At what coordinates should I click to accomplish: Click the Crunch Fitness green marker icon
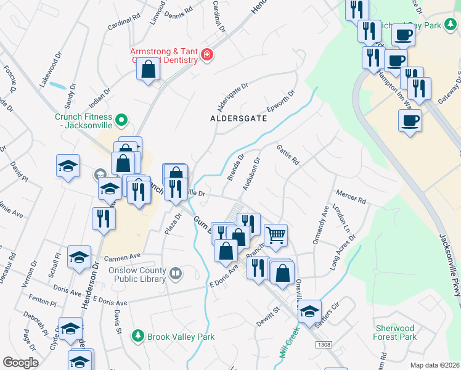pyautogui.click(x=122, y=120)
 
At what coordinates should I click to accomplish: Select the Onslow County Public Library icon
pyautogui.click(x=176, y=273)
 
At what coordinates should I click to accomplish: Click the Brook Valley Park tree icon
pyautogui.click(x=138, y=337)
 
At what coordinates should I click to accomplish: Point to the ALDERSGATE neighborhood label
pyautogui.click(x=239, y=118)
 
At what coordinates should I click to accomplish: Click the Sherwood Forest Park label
pyautogui.click(x=394, y=332)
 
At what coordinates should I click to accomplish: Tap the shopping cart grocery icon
pyautogui.click(x=275, y=234)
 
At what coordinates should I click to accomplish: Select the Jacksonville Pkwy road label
pyautogui.click(x=449, y=265)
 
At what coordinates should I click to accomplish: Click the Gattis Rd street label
pyautogui.click(x=287, y=155)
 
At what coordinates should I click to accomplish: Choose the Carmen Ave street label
pyautogui.click(x=123, y=256)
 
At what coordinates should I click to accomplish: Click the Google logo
pyautogui.click(x=20, y=363)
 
